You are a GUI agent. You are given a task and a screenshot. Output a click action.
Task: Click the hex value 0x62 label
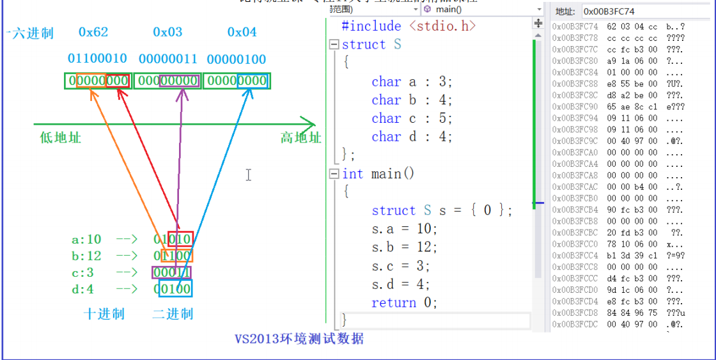93,32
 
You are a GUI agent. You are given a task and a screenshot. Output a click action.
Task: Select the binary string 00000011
168,59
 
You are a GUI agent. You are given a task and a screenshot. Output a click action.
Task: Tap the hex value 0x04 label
242,32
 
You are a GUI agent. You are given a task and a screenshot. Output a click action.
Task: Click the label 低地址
61,137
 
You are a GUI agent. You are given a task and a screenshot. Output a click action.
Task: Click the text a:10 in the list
86,240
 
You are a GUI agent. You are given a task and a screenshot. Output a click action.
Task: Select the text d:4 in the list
82,289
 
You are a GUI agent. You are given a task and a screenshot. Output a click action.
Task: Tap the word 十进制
104,314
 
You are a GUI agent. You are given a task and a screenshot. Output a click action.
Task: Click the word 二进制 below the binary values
173,314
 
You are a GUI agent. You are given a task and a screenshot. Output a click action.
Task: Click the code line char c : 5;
412,118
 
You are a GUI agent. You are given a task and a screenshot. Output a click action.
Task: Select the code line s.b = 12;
403,247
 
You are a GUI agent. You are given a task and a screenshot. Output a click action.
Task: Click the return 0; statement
404,302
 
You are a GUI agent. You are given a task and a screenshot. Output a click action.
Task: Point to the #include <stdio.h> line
409,26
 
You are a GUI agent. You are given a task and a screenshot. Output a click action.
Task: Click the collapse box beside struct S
334,45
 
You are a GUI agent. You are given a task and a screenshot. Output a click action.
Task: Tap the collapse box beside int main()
334,174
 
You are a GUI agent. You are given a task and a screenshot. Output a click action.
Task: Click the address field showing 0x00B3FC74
646,12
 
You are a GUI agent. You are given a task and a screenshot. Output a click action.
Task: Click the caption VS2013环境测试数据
299,338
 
